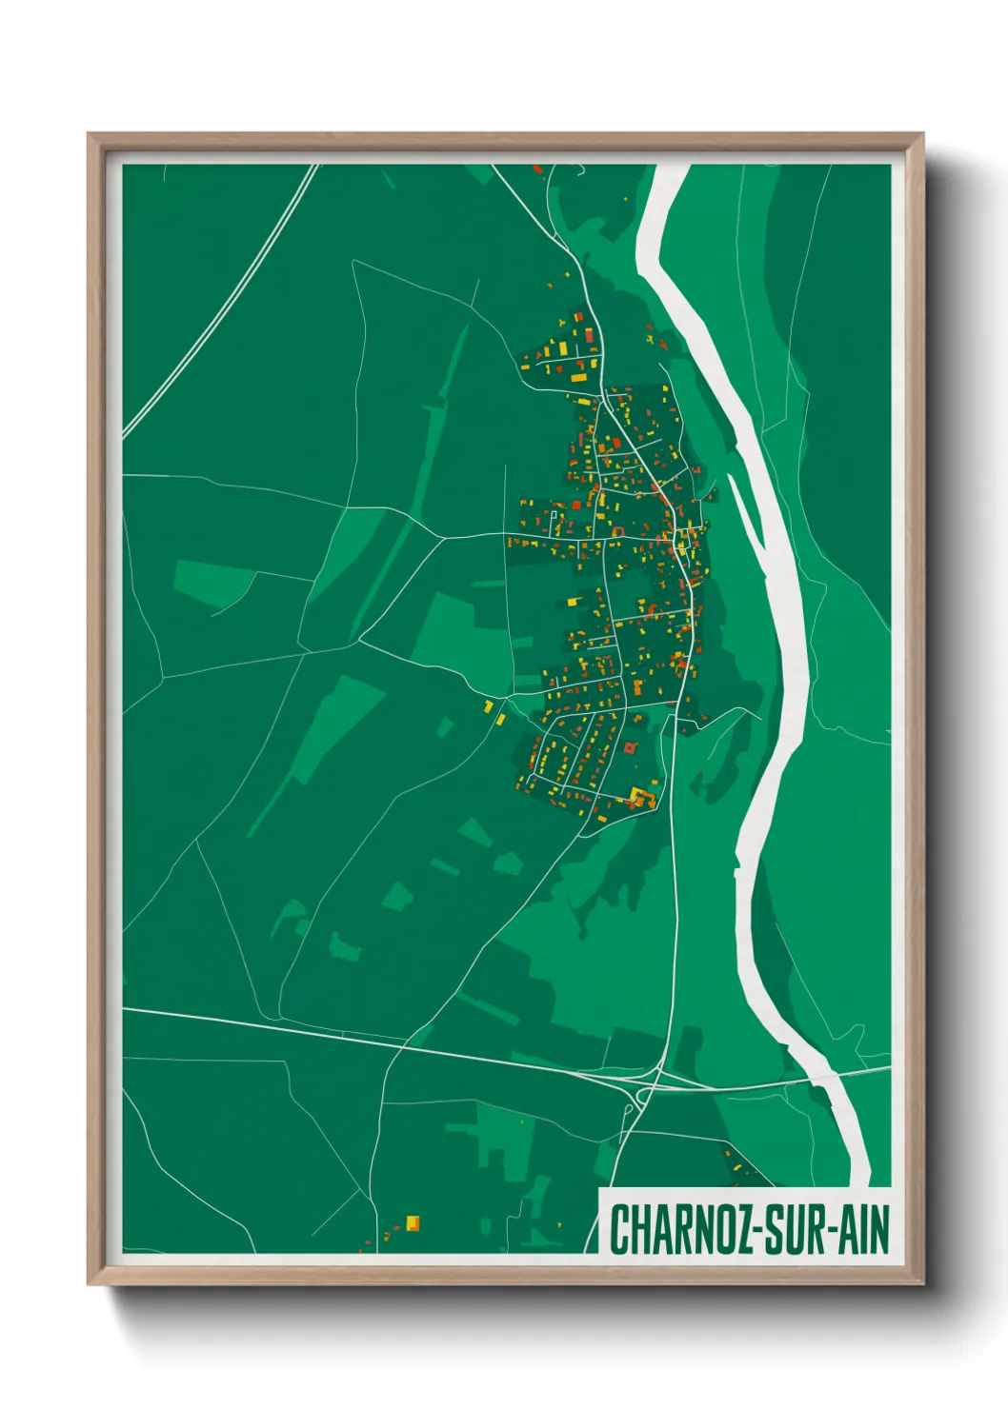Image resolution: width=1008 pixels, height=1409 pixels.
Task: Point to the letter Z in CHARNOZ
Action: pos(740,1230)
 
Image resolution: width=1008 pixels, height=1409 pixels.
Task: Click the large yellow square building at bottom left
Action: pos(413,1222)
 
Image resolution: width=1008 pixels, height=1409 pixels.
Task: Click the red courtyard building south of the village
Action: pos(629,749)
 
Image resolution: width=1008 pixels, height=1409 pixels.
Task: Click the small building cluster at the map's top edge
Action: pos(539,169)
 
